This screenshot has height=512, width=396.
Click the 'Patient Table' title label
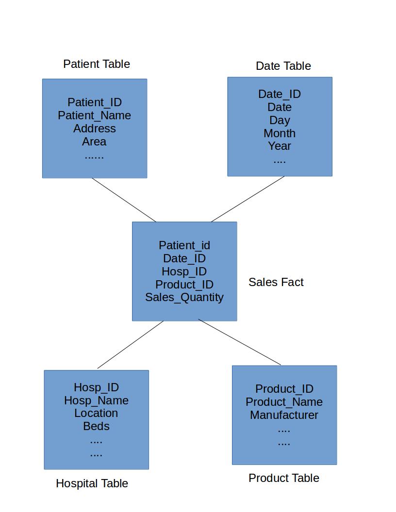[x=97, y=64]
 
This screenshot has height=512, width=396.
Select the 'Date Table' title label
[x=283, y=66]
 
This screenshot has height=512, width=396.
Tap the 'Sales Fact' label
[x=276, y=282]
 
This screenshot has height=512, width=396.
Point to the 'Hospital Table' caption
[x=92, y=483]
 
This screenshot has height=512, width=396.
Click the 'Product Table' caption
[x=283, y=478]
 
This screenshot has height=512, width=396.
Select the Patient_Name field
[x=95, y=115]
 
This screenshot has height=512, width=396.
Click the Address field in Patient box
[x=95, y=128]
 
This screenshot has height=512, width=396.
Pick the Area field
[x=94, y=142]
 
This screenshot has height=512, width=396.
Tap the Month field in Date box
[x=280, y=133]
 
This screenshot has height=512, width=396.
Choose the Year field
[x=280, y=146]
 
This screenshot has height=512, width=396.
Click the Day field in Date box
[x=280, y=121]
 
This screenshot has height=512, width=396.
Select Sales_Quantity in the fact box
[x=184, y=298]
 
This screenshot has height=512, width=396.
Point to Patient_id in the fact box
[x=184, y=245]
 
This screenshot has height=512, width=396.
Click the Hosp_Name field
[x=97, y=400]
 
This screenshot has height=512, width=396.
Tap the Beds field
[x=97, y=427]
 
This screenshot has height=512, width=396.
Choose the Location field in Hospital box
[x=96, y=414]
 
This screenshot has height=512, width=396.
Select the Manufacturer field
[x=284, y=415]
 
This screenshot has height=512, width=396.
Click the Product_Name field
[x=284, y=402]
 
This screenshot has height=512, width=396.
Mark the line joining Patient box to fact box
[x=124, y=200]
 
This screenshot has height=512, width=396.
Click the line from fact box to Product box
[x=240, y=342]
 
